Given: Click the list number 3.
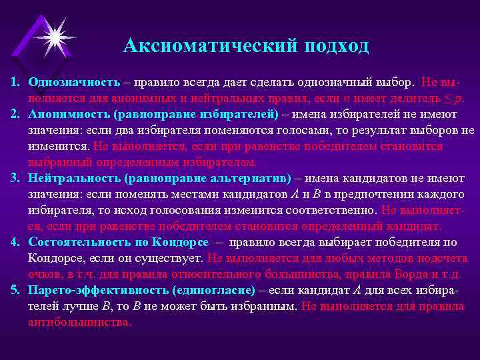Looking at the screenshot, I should click(14, 179).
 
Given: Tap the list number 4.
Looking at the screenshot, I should click(14, 242).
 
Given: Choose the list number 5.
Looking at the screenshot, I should click(14, 291).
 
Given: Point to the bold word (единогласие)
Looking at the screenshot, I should click(213, 291).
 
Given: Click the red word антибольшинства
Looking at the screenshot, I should click(79, 321).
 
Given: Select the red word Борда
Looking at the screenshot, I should click(413, 274).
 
